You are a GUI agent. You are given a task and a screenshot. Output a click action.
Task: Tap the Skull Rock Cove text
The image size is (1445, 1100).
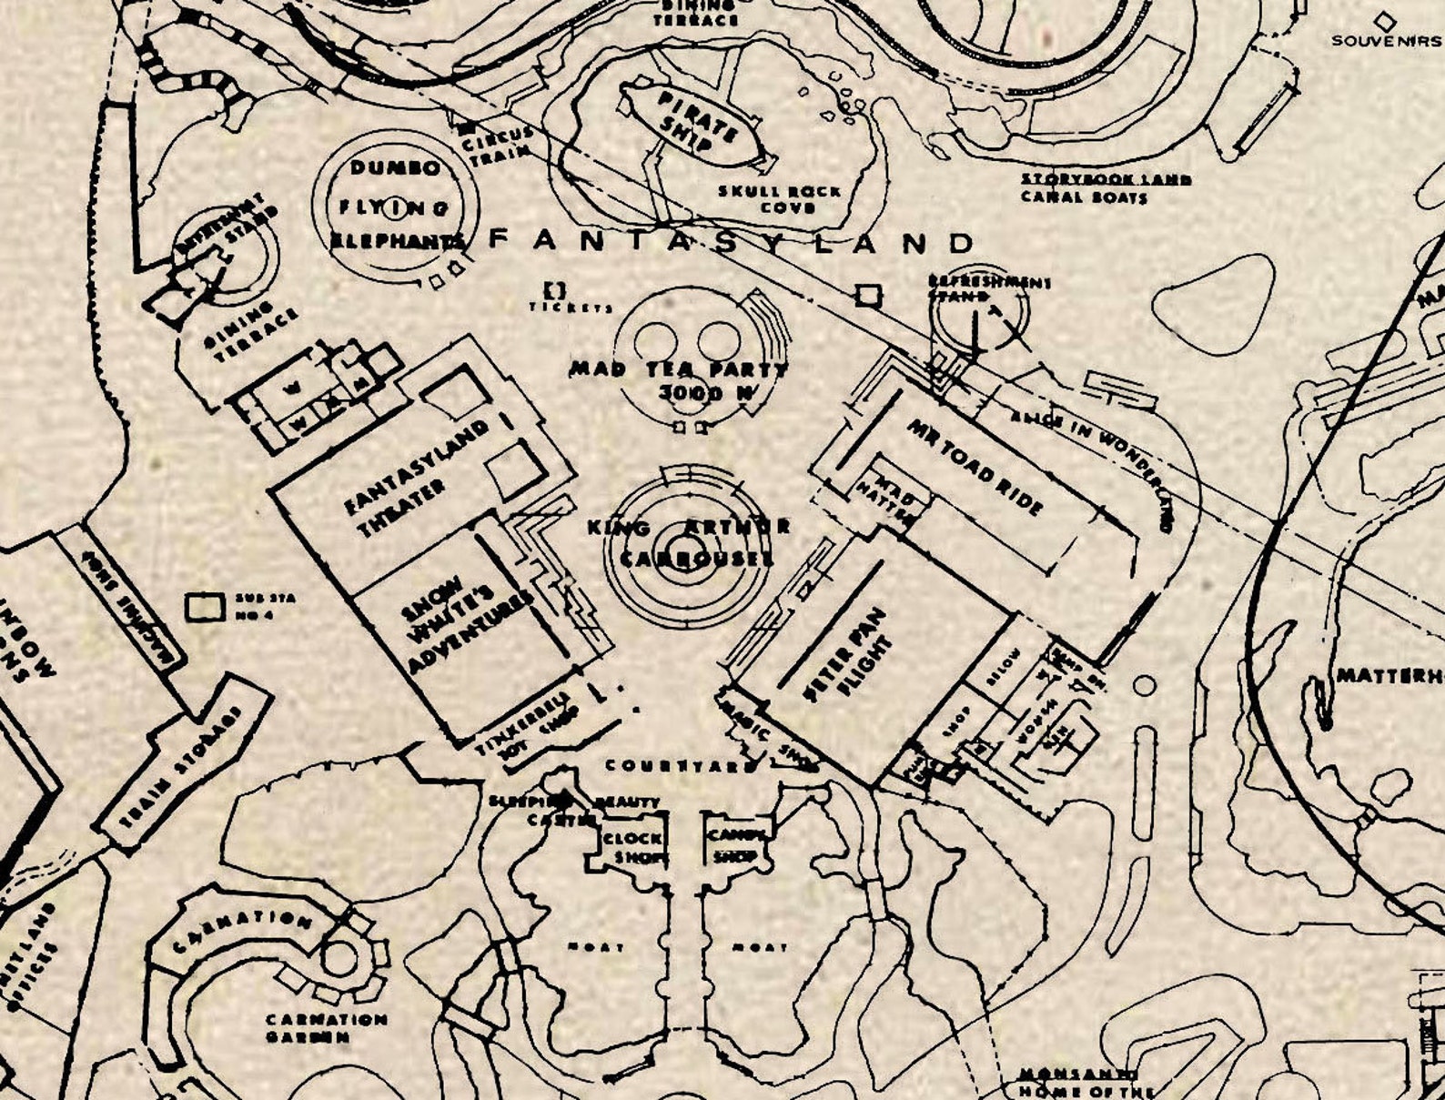[780, 199]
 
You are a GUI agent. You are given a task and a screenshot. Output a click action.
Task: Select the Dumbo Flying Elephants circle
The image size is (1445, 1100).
[395, 207]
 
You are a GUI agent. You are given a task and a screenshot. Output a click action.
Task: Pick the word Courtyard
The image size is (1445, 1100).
[681, 766]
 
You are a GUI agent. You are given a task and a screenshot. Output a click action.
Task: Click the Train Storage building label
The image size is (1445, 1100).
[183, 768]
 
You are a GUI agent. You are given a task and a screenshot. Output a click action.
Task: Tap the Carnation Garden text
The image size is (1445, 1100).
[325, 1028]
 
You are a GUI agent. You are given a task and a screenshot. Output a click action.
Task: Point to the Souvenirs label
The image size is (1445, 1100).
[1386, 40]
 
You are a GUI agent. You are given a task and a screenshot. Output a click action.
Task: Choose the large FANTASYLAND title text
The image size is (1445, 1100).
[732, 242]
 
